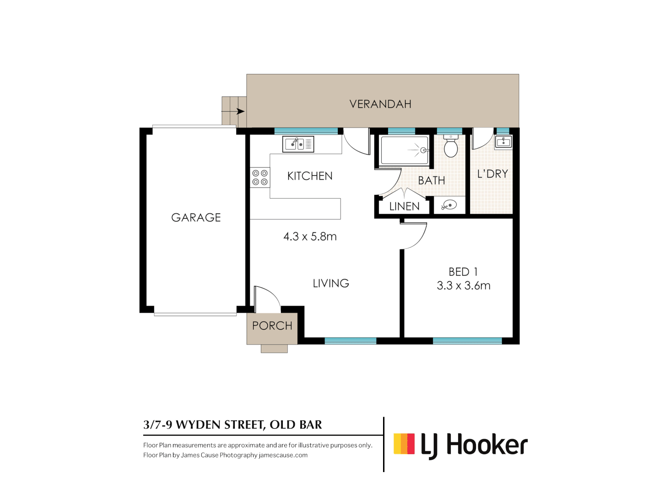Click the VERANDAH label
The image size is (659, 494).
(x=380, y=104)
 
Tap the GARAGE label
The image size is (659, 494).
(x=196, y=218)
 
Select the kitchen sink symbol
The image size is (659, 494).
(x=298, y=144)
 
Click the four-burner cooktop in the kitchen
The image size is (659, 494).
(x=260, y=177)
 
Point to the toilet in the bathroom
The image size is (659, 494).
(x=451, y=147)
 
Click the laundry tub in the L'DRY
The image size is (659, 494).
(x=503, y=142)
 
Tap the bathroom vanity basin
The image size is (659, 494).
(x=449, y=205)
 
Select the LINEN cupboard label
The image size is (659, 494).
(x=404, y=207)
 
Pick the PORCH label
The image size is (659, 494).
(x=272, y=326)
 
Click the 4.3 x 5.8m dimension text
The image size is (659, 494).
(x=310, y=236)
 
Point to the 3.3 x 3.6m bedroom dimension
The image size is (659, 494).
(x=464, y=286)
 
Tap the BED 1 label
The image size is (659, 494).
(x=463, y=272)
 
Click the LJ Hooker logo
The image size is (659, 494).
(x=460, y=445)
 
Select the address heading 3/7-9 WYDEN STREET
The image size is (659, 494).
(x=232, y=425)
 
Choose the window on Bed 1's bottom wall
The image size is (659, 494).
(x=467, y=341)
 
